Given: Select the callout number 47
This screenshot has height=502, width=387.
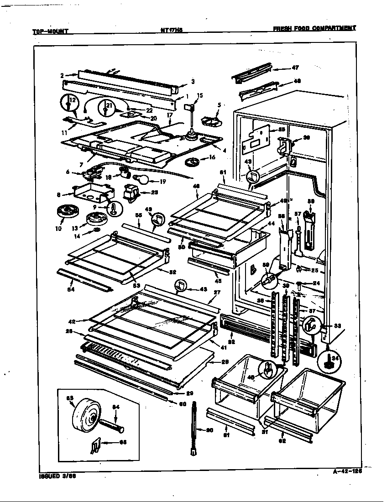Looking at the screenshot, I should point(295,68).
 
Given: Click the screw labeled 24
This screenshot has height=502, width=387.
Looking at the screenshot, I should point(299,285).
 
